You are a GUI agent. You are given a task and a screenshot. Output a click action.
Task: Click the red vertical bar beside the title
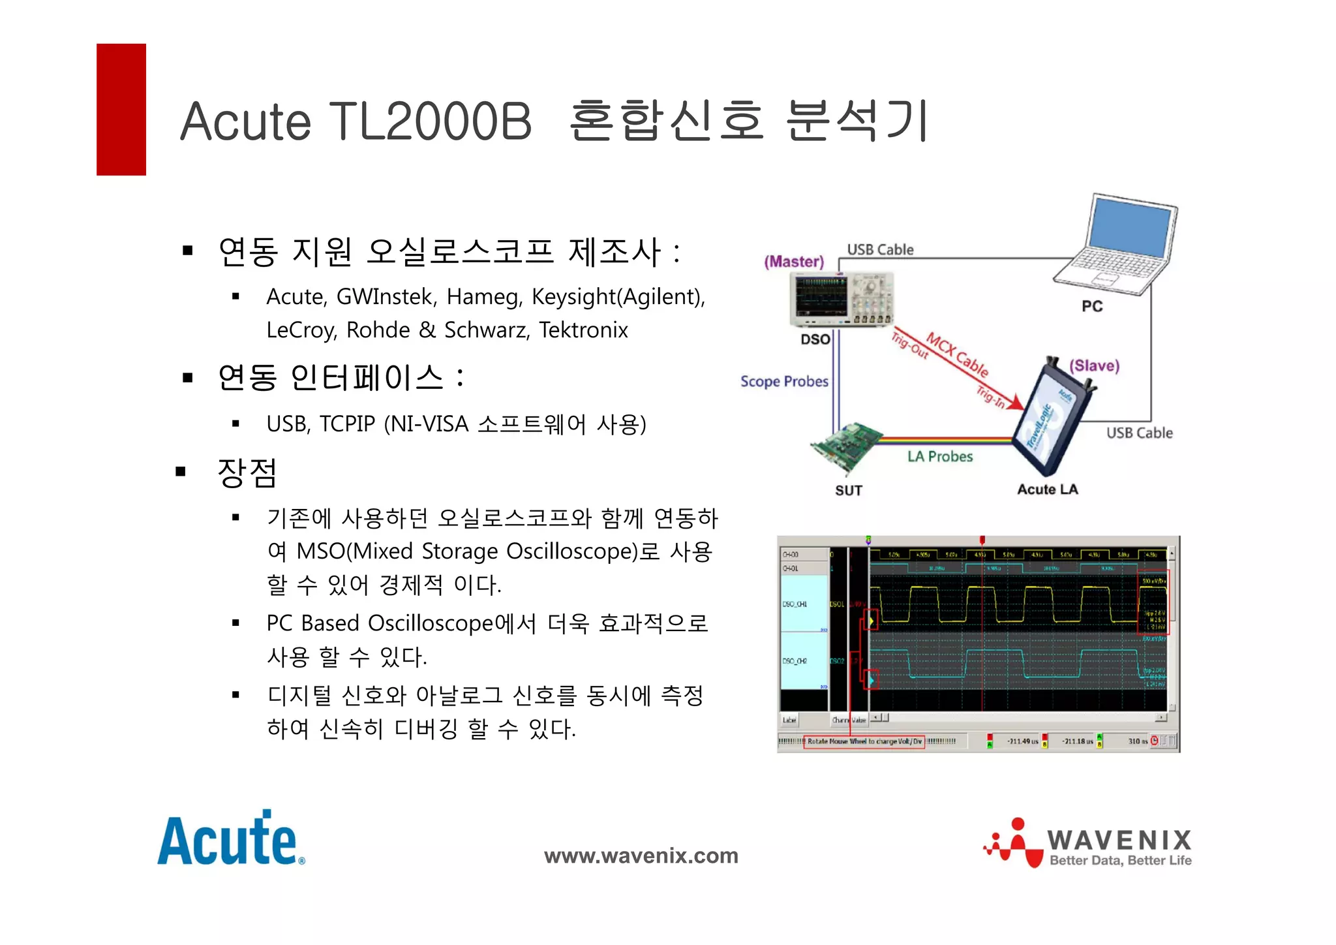pos(121,110)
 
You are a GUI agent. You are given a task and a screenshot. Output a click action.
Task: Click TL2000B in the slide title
pos(430,121)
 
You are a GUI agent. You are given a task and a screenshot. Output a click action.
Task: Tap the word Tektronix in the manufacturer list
pos(583,330)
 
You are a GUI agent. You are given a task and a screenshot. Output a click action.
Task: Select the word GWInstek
pos(384,297)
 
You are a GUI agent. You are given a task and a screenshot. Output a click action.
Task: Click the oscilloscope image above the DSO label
pos(841,299)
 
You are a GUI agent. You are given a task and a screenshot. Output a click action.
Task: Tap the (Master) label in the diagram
pos(794,262)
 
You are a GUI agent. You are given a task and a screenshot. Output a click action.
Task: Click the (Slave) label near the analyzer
pos(1094,365)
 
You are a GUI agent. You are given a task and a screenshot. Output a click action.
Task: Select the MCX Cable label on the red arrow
pos(957,354)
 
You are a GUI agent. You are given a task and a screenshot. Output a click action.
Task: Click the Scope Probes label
pos(784,382)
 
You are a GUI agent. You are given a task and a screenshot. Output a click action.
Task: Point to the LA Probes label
pos(939,457)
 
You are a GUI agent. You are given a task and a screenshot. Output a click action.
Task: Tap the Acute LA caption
pos(1047,489)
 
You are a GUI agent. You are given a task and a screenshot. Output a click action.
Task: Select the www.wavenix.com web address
pos(641,856)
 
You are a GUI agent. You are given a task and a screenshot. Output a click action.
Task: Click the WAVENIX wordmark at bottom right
pos(1119,840)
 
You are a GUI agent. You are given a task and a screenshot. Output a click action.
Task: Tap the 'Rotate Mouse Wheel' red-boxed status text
pos(864,741)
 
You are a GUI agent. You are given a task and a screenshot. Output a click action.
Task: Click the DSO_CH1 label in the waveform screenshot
pos(795,604)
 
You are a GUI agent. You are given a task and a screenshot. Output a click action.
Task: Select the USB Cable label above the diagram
pos(880,250)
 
